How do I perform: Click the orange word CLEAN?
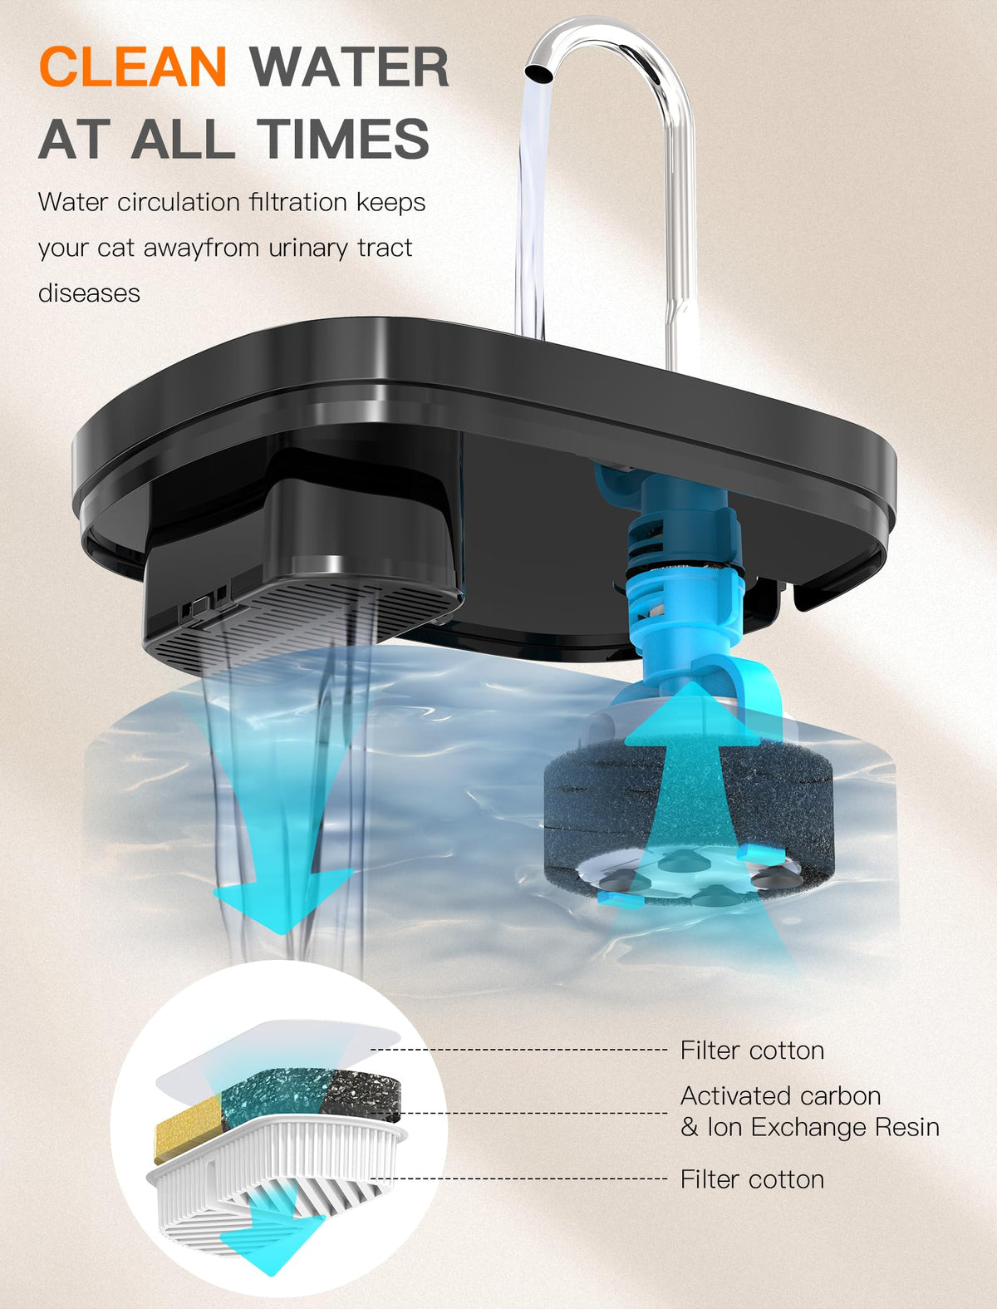click(133, 66)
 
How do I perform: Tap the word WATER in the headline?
click(349, 67)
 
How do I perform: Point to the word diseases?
click(90, 293)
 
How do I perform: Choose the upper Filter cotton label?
click(752, 1051)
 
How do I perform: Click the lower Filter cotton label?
click(752, 1179)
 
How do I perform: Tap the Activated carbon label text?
click(781, 1095)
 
